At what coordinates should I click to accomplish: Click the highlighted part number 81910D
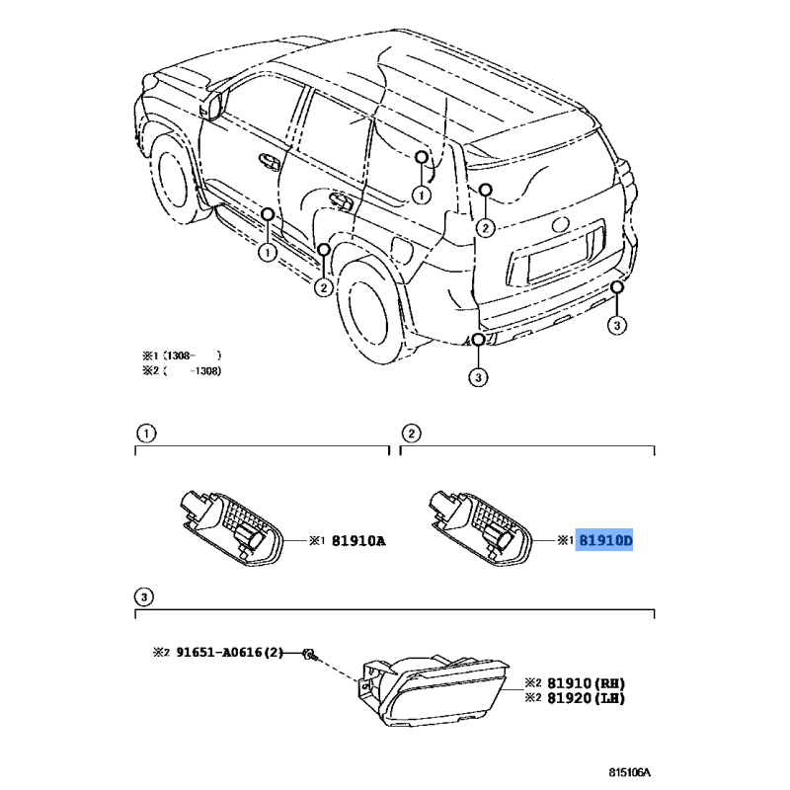point(604,540)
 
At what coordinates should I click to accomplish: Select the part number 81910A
point(358,541)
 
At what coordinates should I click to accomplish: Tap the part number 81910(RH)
point(586,683)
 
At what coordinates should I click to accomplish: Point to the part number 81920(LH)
point(586,698)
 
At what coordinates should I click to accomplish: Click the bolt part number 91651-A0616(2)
point(230,653)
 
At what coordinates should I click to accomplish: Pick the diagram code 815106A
point(629,772)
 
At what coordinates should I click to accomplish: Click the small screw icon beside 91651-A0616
point(308,654)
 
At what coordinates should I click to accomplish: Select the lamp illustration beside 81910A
point(232,528)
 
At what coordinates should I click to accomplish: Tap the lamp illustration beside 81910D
point(480,528)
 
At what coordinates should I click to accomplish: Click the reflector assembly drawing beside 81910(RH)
point(434,691)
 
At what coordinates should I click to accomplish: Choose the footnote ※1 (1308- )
point(182,355)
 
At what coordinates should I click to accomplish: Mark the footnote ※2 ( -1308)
point(182,371)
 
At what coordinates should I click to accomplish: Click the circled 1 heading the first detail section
point(146,434)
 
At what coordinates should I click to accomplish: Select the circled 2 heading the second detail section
point(411,434)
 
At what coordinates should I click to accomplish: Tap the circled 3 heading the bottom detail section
point(144,597)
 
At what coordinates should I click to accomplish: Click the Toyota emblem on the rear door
point(560,224)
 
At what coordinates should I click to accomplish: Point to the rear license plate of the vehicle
point(558,261)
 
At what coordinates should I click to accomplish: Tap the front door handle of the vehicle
point(269,161)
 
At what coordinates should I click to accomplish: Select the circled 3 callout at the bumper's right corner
point(617,325)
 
